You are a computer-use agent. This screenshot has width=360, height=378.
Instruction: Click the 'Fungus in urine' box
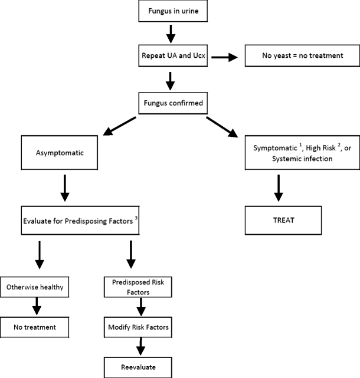(169, 11)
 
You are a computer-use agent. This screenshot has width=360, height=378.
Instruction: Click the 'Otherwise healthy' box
(37, 288)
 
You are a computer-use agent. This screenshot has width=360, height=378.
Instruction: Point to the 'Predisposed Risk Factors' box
(139, 287)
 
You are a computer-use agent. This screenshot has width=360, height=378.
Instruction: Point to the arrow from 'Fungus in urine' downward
(169, 33)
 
